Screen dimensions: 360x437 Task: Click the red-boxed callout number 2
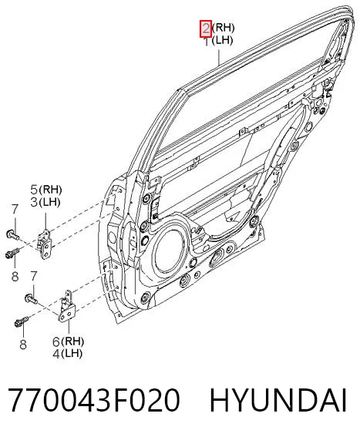(206, 29)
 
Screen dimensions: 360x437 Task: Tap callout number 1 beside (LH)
(207, 42)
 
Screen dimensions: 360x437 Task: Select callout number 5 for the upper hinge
(34, 190)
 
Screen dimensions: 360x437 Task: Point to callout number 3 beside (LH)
(34, 202)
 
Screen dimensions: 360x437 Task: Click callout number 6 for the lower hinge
(56, 341)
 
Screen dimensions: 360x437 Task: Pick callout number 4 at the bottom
(56, 354)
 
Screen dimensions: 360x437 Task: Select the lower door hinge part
(67, 306)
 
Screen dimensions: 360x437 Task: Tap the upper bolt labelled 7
(12, 235)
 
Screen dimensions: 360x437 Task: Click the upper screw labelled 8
(12, 253)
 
